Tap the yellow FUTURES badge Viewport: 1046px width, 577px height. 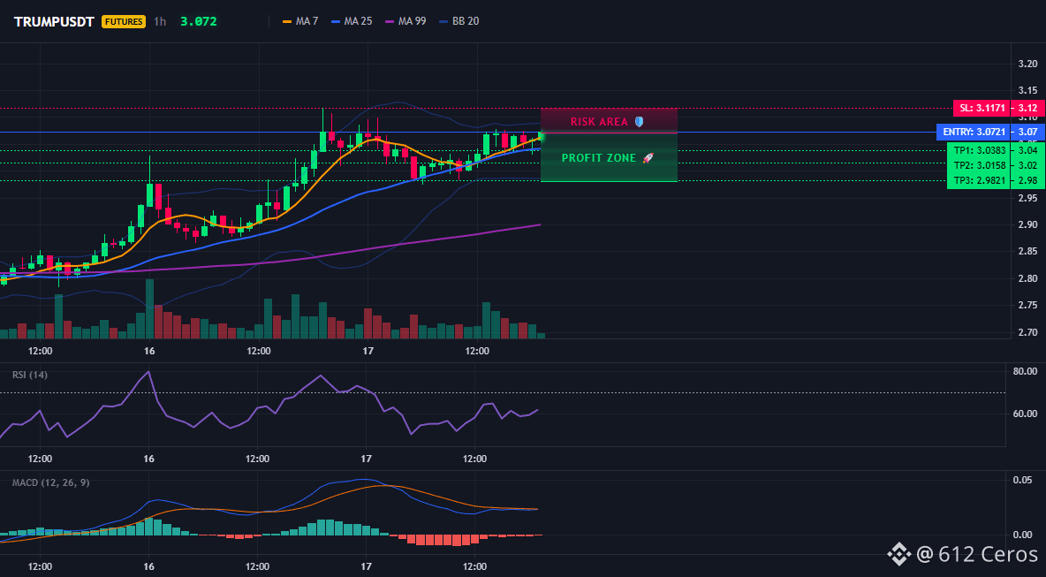[124, 21]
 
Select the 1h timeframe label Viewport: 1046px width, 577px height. [160, 21]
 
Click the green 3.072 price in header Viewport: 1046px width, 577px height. [198, 21]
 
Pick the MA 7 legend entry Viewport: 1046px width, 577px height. [300, 21]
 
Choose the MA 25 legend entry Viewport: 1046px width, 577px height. [352, 21]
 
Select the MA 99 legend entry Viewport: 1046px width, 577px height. [406, 21]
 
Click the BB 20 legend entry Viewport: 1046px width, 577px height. [459, 21]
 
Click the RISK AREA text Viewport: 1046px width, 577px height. [599, 122]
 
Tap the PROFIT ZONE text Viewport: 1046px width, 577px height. [599, 158]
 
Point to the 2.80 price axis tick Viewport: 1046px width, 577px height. [1028, 278]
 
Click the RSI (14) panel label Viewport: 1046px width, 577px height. [30, 375]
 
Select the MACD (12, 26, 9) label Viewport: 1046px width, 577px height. [50, 482]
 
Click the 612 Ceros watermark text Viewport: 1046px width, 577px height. [988, 554]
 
